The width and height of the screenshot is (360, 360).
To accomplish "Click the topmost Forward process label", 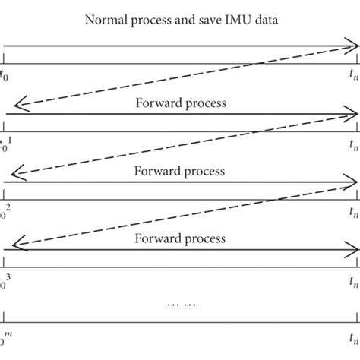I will pos(179,102).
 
